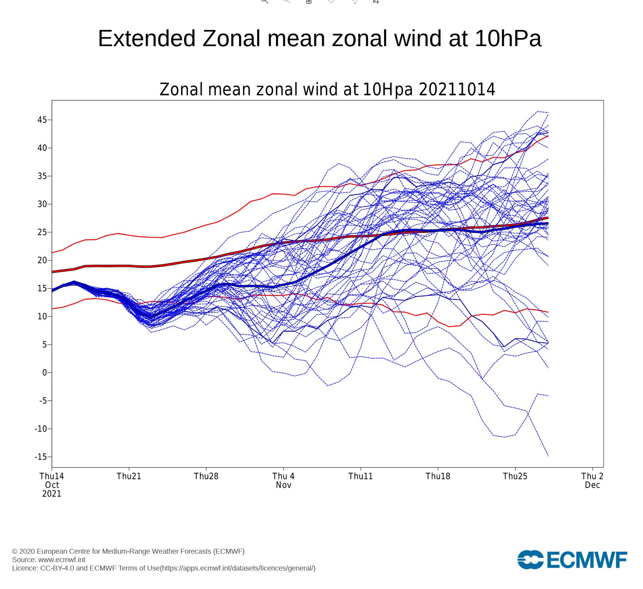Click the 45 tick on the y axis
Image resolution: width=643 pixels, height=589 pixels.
coord(42,120)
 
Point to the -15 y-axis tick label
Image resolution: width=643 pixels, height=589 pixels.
coord(41,457)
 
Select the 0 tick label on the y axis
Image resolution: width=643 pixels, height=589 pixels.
coord(44,373)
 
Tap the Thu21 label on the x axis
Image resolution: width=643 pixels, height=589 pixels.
coord(129,476)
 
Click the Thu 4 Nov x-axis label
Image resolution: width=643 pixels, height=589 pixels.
coord(283,480)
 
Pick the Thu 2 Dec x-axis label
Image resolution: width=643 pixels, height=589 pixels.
coord(592,480)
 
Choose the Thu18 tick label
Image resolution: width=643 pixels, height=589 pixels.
coord(438,476)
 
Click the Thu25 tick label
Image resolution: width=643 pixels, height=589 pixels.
coord(515,476)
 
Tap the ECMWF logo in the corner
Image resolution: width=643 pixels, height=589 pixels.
coord(572,560)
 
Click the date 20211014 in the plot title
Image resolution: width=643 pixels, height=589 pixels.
coord(457,90)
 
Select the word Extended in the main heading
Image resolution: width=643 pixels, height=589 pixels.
coord(147,38)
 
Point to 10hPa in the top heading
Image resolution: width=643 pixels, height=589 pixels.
coord(508,38)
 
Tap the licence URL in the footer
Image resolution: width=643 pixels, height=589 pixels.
coord(238,568)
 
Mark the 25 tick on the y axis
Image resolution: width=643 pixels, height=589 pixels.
coord(42,232)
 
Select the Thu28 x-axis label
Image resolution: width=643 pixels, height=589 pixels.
coord(206,476)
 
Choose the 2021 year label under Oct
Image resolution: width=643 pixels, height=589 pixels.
coord(52,494)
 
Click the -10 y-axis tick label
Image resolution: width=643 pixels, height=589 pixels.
coord(41,429)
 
